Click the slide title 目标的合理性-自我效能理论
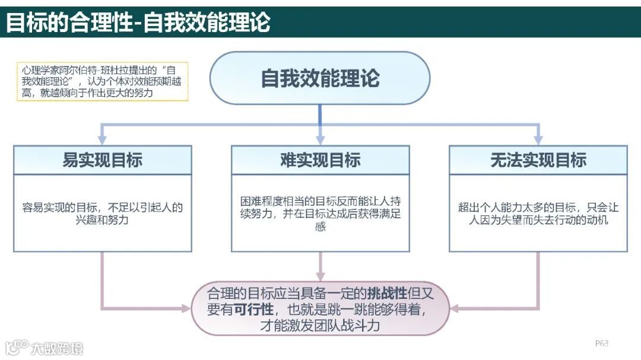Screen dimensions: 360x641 [x=138, y=23]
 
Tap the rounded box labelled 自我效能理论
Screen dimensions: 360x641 [x=320, y=78]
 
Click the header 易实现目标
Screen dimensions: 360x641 [x=102, y=160]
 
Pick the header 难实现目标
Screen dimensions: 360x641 [x=320, y=160]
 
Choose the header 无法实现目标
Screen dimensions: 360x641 [x=538, y=160]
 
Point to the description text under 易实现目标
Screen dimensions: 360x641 [x=102, y=214]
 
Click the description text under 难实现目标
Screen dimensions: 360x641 [x=320, y=214]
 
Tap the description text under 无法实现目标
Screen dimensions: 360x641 [x=538, y=214]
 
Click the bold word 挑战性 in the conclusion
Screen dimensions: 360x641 [x=387, y=293]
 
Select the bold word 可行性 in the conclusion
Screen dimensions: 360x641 [x=253, y=309]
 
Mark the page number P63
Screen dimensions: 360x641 [x=601, y=343]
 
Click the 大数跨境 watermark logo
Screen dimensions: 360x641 [x=45, y=348]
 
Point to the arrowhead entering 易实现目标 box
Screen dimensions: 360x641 [x=102, y=139]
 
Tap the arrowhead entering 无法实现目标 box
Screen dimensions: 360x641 [x=538, y=139]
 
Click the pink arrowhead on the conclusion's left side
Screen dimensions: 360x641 [x=184, y=308]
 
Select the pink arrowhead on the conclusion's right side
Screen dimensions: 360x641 [x=456, y=308]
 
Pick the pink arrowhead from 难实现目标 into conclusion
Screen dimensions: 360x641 [x=320, y=275]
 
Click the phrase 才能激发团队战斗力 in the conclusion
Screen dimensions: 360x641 [x=320, y=326]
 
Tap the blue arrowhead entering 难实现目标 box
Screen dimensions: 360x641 [x=320, y=139]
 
